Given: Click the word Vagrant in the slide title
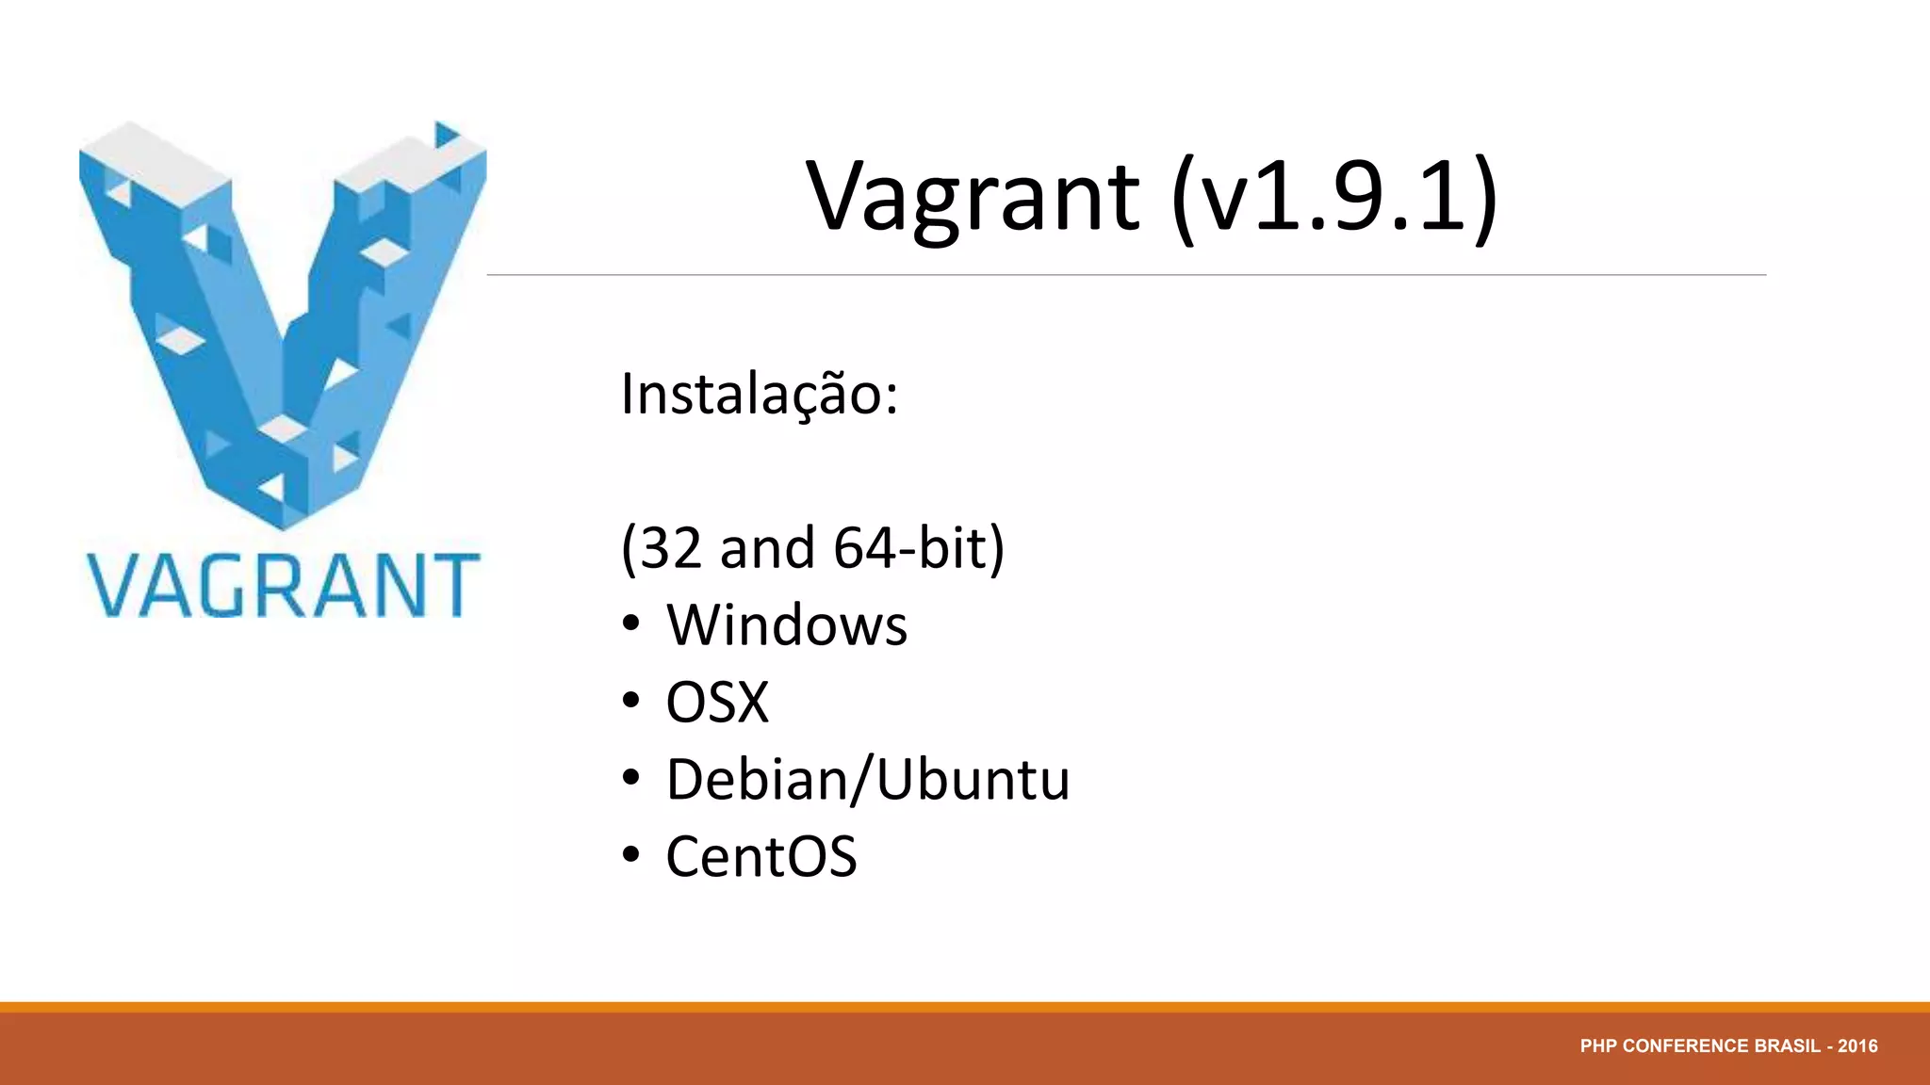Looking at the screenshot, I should coord(973,198).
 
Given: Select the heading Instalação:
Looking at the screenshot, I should coord(760,395).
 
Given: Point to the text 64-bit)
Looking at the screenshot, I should coord(919,548).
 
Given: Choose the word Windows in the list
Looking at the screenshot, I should coord(787,625).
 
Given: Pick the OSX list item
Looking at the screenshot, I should coord(717,703).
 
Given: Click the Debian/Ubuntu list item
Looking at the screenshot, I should coord(868,780).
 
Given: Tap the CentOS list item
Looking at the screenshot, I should coord(761,857).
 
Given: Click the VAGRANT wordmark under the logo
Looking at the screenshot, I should coord(284,586).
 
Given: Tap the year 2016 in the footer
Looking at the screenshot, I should coord(1857,1046).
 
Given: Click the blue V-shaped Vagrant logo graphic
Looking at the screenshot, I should coord(283,320).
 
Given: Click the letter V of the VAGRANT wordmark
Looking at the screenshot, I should coord(114,586).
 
